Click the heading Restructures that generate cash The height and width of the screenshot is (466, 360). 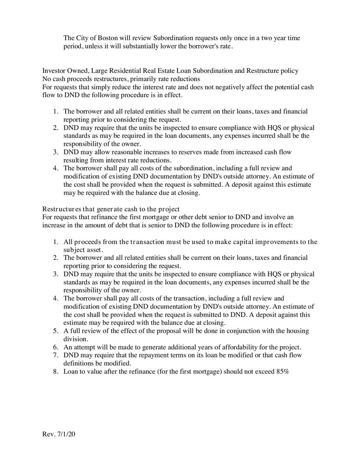point(111,209)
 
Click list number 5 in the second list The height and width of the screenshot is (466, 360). point(56,331)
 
